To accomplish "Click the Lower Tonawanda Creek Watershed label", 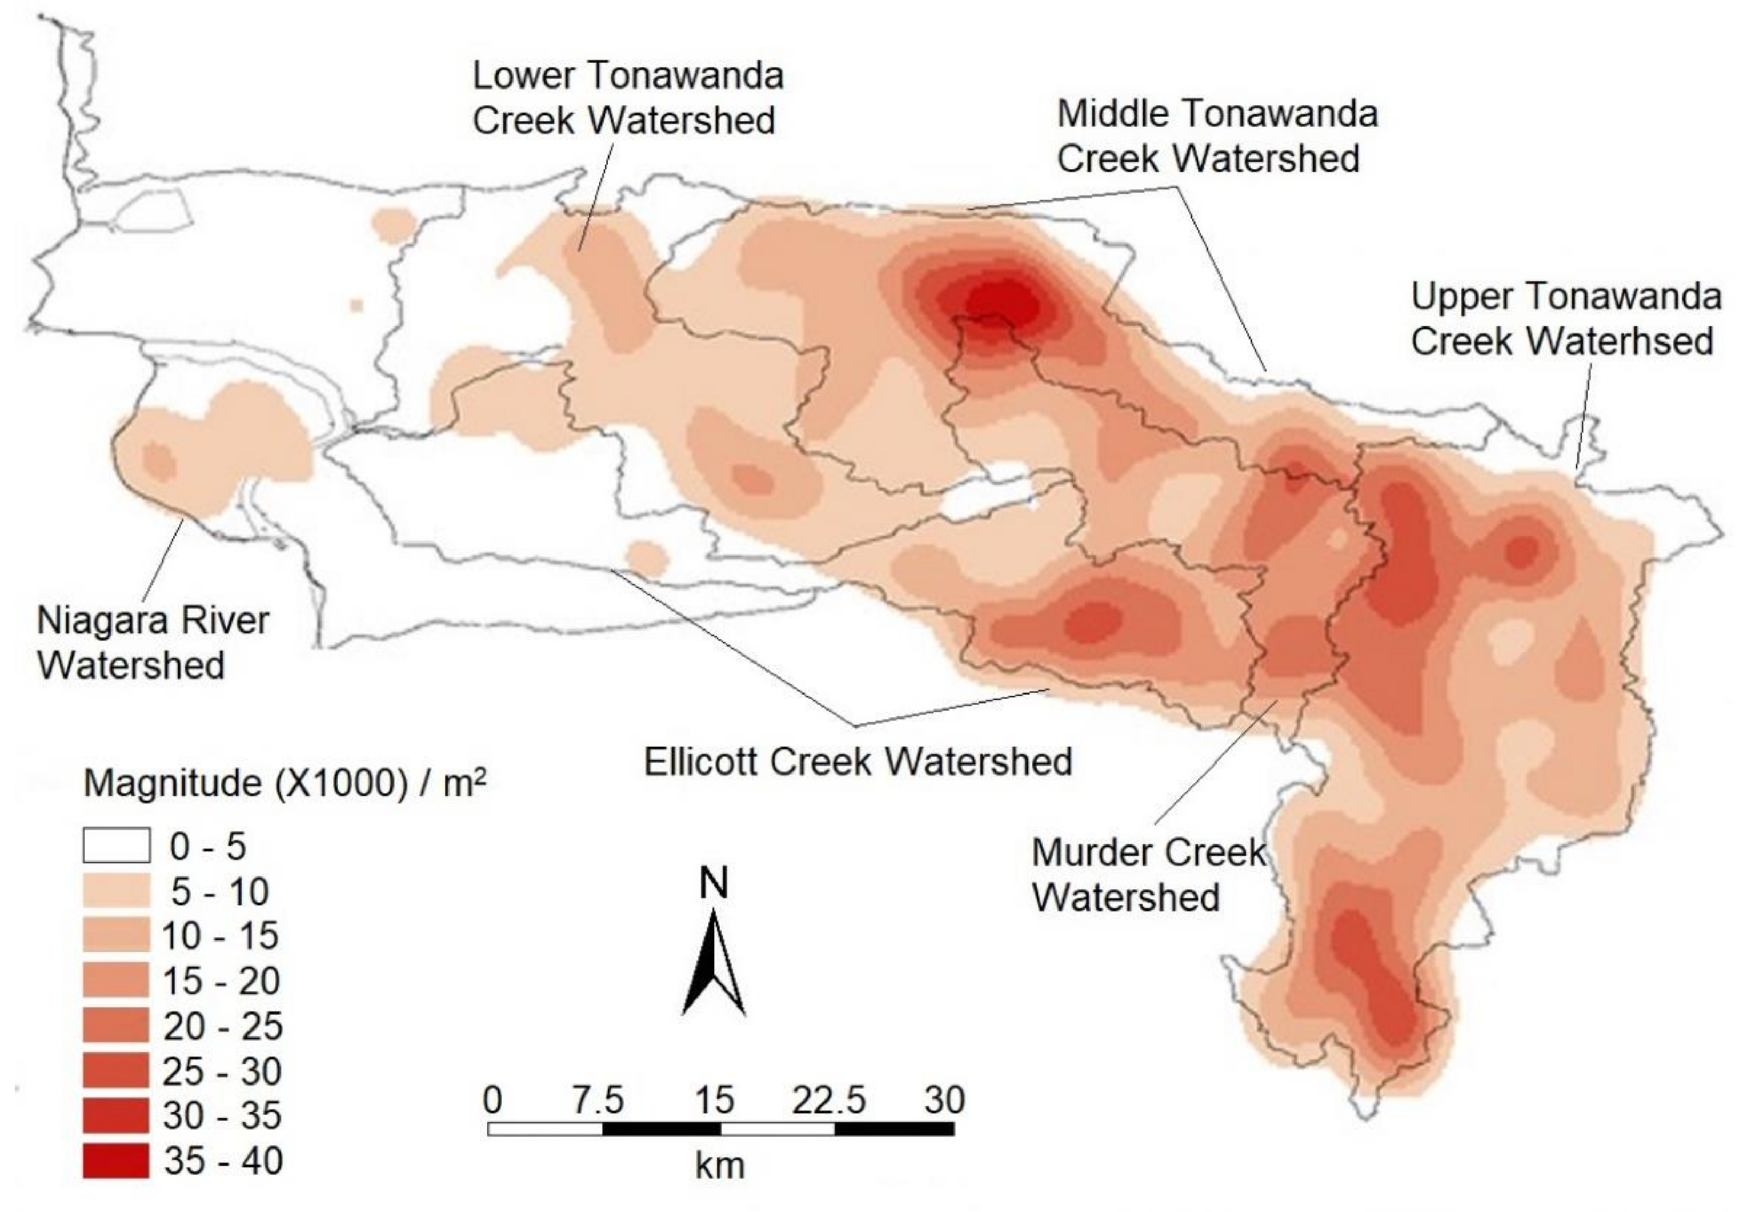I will pos(627,98).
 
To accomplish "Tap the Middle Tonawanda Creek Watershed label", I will pos(1216,136).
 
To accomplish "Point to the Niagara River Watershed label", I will pos(152,642).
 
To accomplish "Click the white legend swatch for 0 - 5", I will pos(116,846).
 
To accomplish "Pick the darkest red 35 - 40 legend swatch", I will pos(116,1161).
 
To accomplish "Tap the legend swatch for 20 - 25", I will pos(116,1026).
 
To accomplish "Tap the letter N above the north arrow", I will pos(714,883).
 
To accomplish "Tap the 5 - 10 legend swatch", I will pos(116,891).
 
